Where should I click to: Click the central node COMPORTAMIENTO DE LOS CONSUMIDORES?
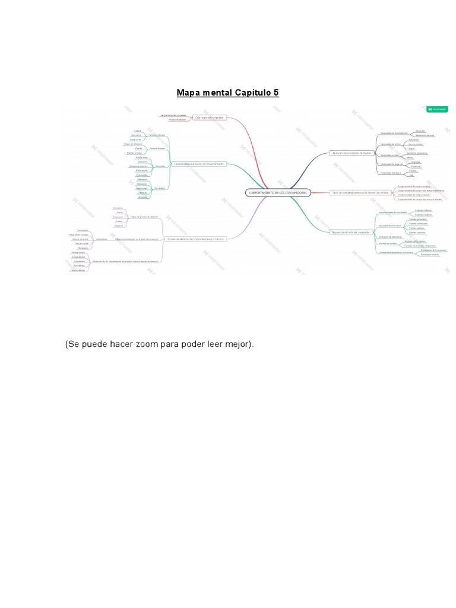278,192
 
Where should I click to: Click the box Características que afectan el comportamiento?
199,163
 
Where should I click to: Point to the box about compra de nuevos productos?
195,239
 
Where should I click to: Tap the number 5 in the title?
275,93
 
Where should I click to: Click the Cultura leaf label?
137,131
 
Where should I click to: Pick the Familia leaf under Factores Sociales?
138,148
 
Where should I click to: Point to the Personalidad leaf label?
142,175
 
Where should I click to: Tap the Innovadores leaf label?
83,230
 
